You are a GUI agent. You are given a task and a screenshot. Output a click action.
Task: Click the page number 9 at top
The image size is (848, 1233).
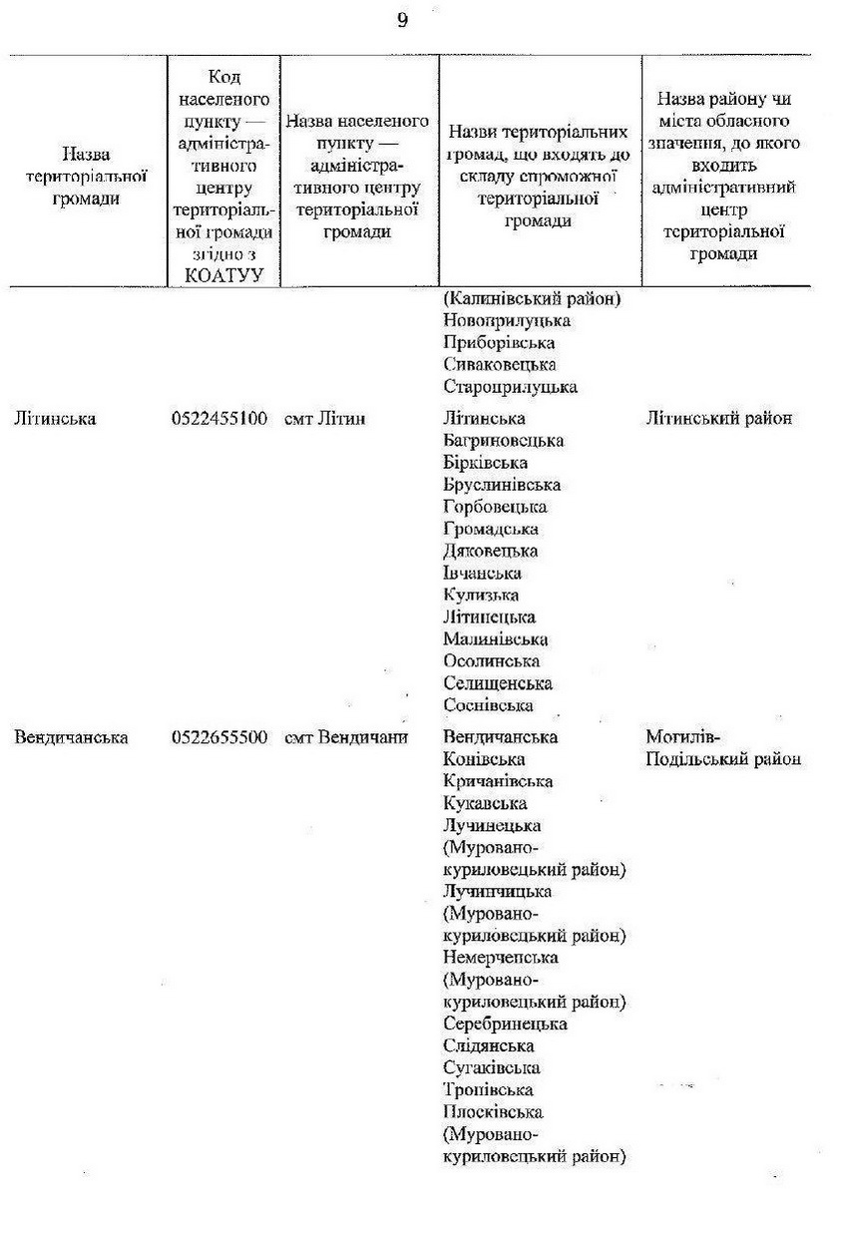(402, 21)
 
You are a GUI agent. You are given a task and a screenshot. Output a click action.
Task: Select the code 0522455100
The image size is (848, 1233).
(219, 419)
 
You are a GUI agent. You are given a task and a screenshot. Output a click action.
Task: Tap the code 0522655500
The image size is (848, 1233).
(219, 738)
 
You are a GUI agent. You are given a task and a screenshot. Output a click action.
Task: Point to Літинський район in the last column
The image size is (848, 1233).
(719, 419)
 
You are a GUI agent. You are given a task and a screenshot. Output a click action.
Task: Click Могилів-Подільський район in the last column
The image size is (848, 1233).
(723, 748)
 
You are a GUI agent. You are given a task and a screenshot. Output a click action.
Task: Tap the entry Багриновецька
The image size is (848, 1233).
(503, 441)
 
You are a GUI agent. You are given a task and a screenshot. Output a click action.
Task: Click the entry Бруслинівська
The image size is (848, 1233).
(502, 485)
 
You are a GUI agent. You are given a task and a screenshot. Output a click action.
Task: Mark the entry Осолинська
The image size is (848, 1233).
(492, 661)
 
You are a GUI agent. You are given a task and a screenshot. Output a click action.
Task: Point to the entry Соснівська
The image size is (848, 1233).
(488, 705)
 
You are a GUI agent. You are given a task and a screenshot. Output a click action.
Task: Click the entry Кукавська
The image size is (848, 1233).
(485, 804)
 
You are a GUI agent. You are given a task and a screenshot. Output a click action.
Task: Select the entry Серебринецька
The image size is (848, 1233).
(505, 1025)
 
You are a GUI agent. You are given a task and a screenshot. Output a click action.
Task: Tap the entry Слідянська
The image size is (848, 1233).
(489, 1046)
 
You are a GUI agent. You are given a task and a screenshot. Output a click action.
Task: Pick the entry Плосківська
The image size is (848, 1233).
(493, 1112)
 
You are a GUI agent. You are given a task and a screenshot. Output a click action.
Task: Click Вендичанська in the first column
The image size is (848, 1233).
(72, 738)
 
